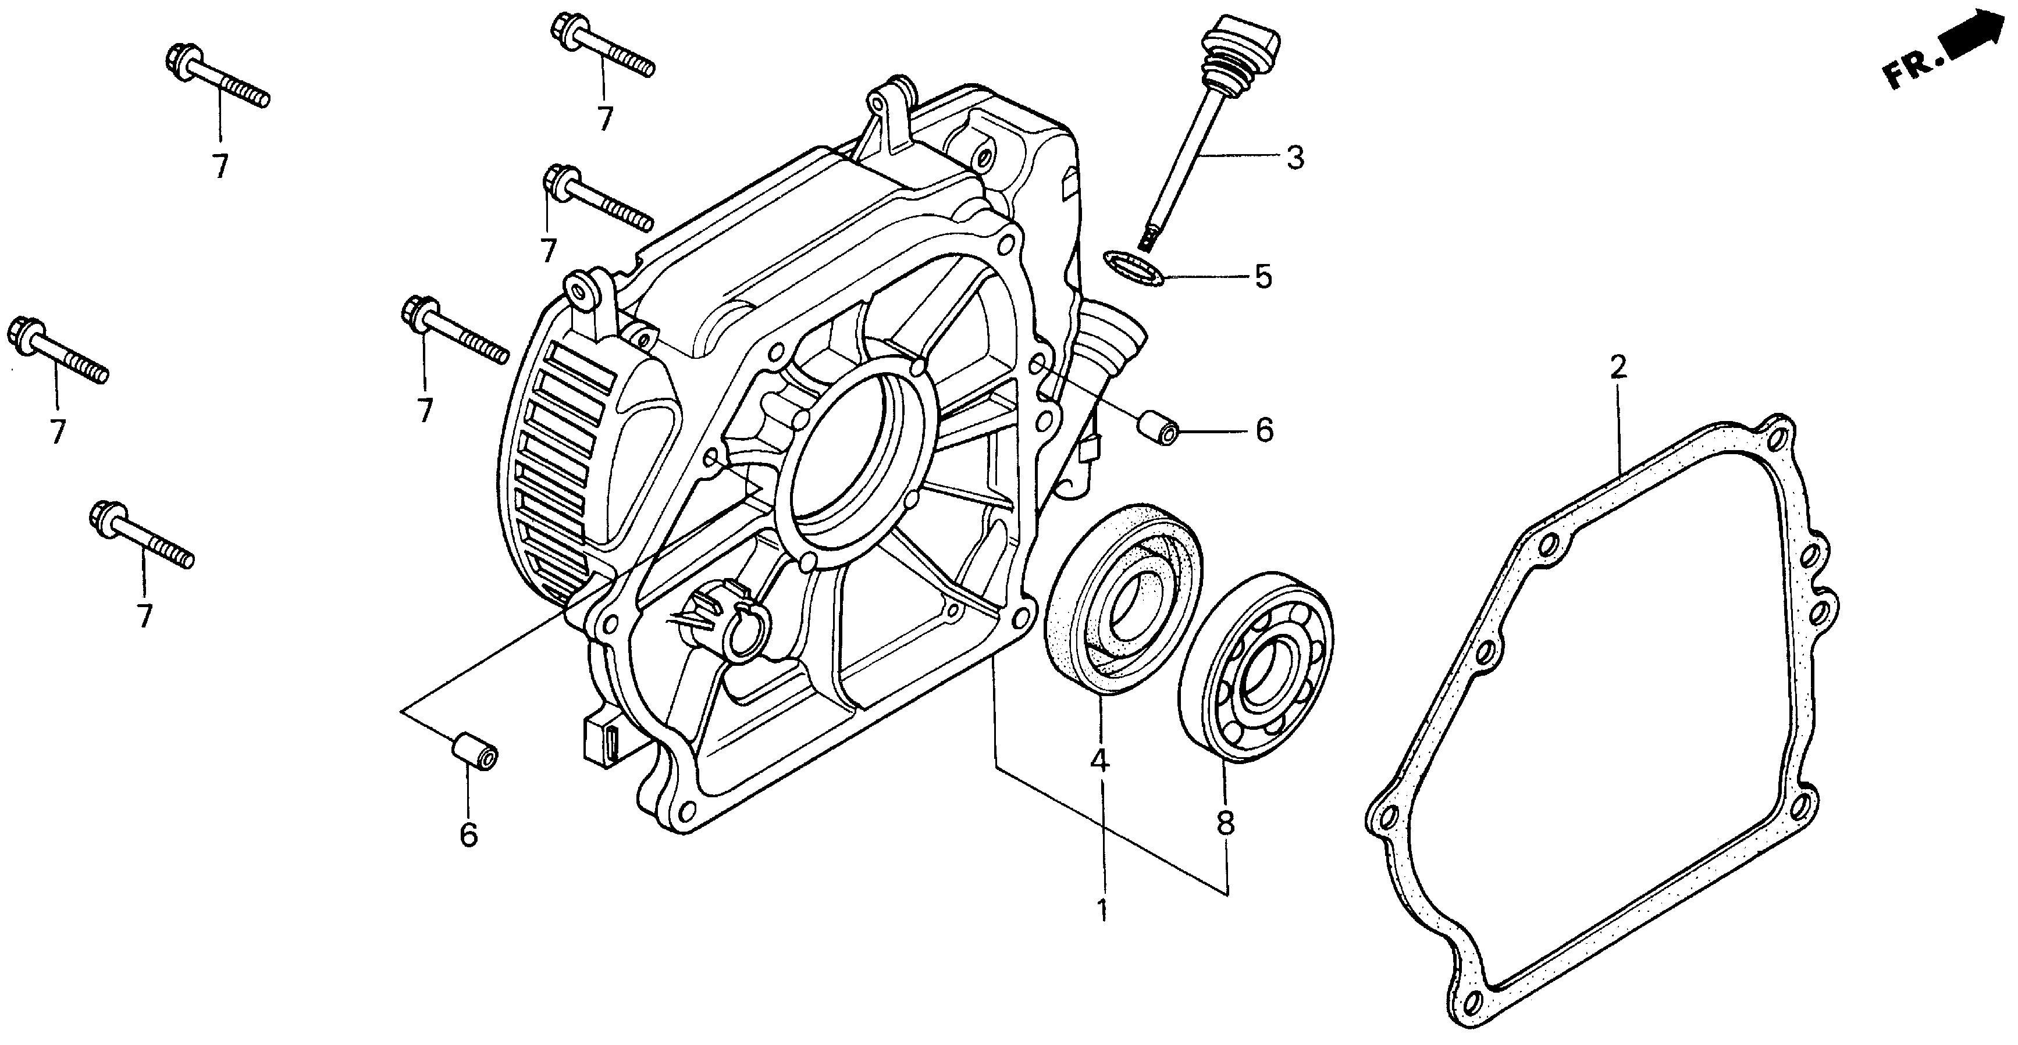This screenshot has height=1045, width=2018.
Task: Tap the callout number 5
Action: point(1263,277)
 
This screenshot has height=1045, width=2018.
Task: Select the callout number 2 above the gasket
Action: point(1618,366)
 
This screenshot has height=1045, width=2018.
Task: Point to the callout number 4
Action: point(1101,760)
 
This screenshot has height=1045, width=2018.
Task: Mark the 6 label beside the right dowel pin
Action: point(1265,430)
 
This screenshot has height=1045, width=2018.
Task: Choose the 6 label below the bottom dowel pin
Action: point(468,834)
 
